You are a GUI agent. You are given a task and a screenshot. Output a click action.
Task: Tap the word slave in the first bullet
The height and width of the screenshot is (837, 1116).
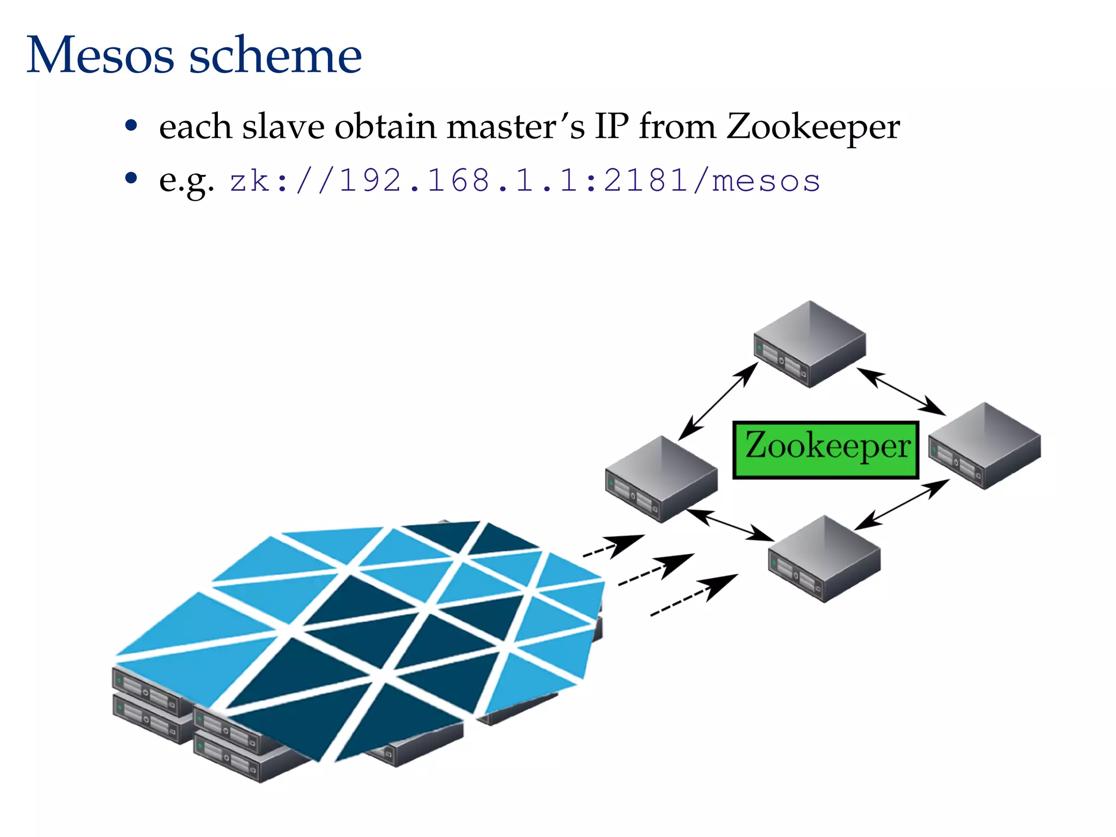click(283, 126)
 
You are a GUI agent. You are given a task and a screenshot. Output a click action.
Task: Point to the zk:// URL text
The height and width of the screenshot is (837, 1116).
click(524, 180)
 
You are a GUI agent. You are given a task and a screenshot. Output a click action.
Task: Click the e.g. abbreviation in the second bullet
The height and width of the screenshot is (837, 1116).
click(186, 181)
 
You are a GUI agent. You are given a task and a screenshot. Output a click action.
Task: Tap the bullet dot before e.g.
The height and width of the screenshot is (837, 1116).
click(131, 178)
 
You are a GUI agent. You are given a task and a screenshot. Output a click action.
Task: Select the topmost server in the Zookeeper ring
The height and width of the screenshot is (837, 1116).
click(810, 344)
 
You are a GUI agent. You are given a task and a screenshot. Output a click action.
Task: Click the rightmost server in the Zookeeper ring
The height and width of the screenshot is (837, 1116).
click(984, 445)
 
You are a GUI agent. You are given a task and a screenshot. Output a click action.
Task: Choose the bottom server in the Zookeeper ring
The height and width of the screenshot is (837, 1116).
click(824, 559)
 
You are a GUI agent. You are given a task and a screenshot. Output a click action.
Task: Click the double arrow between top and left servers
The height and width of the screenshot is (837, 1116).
click(718, 401)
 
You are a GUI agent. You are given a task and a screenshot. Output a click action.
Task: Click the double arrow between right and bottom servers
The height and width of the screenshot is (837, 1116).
click(902, 504)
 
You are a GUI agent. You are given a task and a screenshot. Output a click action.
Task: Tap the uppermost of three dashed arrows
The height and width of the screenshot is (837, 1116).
click(613, 546)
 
